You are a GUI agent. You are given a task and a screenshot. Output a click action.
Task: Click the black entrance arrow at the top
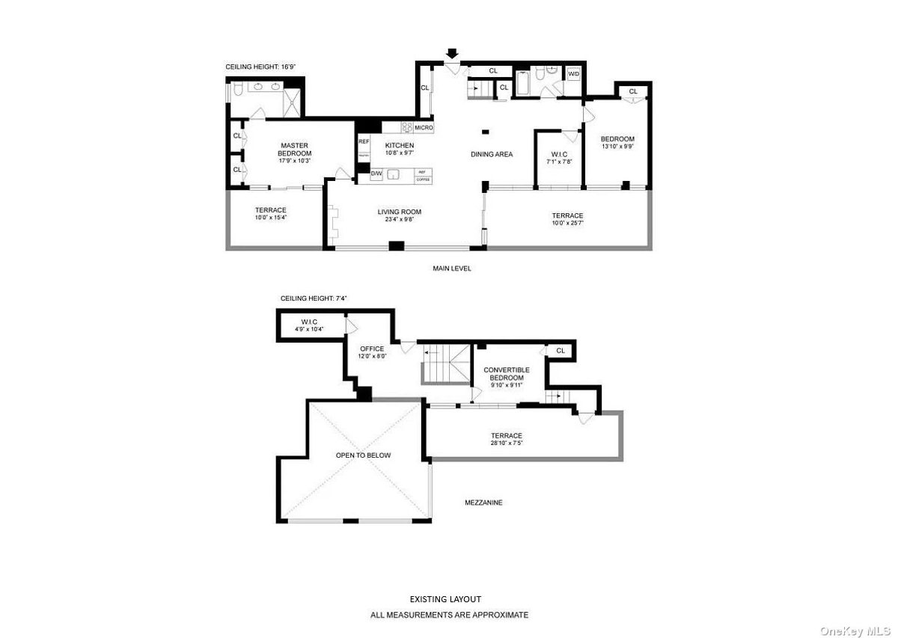(x=451, y=54)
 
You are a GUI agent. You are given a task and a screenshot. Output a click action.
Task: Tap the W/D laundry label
(x=574, y=73)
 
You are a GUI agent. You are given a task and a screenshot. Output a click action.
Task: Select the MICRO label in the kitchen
(x=424, y=128)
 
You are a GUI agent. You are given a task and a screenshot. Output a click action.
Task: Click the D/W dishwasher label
(x=376, y=175)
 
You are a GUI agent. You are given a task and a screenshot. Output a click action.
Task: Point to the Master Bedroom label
(x=295, y=150)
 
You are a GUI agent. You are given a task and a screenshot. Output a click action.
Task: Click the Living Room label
(x=399, y=212)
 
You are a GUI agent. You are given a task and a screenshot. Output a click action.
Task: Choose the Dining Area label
(x=492, y=154)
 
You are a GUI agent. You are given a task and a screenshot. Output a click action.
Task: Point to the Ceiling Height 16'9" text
(x=261, y=67)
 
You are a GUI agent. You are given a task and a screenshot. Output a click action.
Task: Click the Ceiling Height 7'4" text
(x=314, y=298)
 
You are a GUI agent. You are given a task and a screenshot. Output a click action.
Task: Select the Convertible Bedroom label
(x=507, y=374)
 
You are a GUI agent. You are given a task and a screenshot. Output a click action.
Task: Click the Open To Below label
(x=362, y=455)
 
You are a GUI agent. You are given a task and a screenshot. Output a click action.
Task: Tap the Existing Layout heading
(x=445, y=599)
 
